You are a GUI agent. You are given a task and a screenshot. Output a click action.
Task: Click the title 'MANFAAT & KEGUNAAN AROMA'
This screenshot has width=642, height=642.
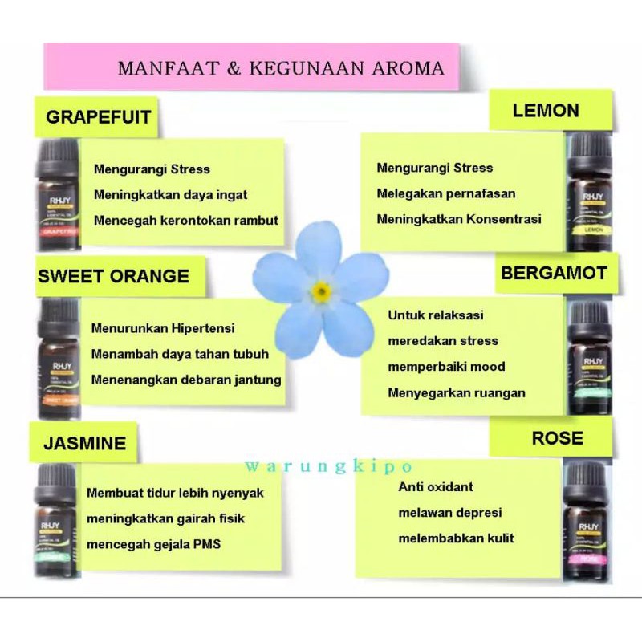tap(280, 68)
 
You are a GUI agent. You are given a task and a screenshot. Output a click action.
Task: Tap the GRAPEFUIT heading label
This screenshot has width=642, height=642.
tap(98, 117)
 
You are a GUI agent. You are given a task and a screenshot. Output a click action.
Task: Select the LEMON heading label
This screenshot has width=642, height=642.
tap(546, 110)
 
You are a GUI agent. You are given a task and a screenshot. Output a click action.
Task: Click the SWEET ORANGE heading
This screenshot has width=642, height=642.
tap(113, 277)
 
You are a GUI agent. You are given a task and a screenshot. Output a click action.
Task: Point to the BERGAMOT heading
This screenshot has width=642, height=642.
tap(554, 273)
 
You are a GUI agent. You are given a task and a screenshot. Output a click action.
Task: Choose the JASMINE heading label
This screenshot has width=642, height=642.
tap(85, 443)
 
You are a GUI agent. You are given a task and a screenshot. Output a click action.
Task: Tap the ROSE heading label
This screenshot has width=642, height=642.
tap(557, 438)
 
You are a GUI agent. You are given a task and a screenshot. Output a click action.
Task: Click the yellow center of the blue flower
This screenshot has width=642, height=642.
tap(321, 291)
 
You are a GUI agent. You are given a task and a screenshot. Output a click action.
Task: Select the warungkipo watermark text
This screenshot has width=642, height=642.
tap(329, 466)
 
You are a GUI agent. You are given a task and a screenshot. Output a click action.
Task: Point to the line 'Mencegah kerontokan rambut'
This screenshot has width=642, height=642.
tap(186, 221)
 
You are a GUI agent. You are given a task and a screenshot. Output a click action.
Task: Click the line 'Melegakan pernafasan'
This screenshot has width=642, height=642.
tap(446, 193)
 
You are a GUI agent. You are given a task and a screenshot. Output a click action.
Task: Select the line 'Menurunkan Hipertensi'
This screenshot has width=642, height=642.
tap(163, 329)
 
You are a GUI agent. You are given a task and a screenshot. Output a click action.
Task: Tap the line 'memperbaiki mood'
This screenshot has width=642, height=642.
tap(446, 367)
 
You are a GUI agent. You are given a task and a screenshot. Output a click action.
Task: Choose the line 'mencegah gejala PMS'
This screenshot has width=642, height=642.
tap(154, 544)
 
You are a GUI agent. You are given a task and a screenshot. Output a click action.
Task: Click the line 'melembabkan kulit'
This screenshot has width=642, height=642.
tap(456, 538)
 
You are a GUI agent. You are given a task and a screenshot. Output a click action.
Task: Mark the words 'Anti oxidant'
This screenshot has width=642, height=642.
tap(436, 487)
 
